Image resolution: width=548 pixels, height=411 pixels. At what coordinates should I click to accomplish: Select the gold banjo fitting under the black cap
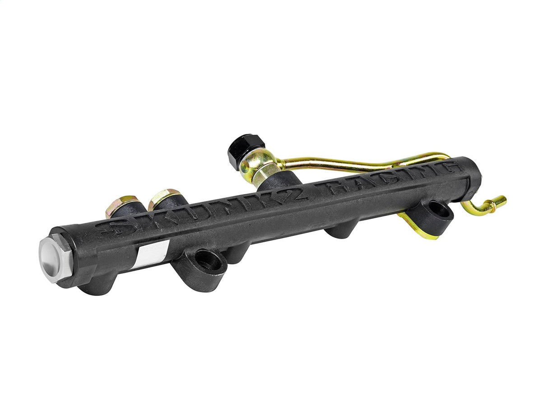(261, 166)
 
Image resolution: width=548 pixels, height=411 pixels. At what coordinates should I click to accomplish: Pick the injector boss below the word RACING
(341, 230)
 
